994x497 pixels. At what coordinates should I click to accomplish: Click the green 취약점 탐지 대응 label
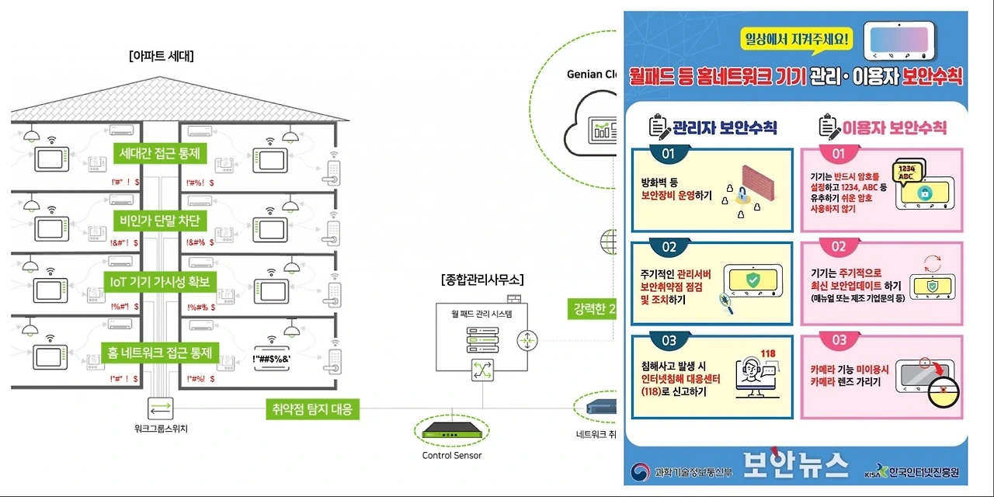pos(311,408)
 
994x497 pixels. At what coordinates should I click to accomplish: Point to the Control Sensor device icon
pos(452,429)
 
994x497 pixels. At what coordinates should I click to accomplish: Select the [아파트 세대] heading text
pos(162,56)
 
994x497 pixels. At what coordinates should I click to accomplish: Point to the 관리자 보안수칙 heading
pos(713,127)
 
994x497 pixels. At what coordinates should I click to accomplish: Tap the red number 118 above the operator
pos(769,354)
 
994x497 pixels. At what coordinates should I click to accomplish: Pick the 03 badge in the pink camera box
pos(839,340)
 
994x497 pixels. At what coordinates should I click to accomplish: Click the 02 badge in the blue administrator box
pos(669,247)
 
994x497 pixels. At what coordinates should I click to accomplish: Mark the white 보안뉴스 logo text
pos(795,464)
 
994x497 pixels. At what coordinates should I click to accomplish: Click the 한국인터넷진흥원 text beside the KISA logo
pos(924,472)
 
